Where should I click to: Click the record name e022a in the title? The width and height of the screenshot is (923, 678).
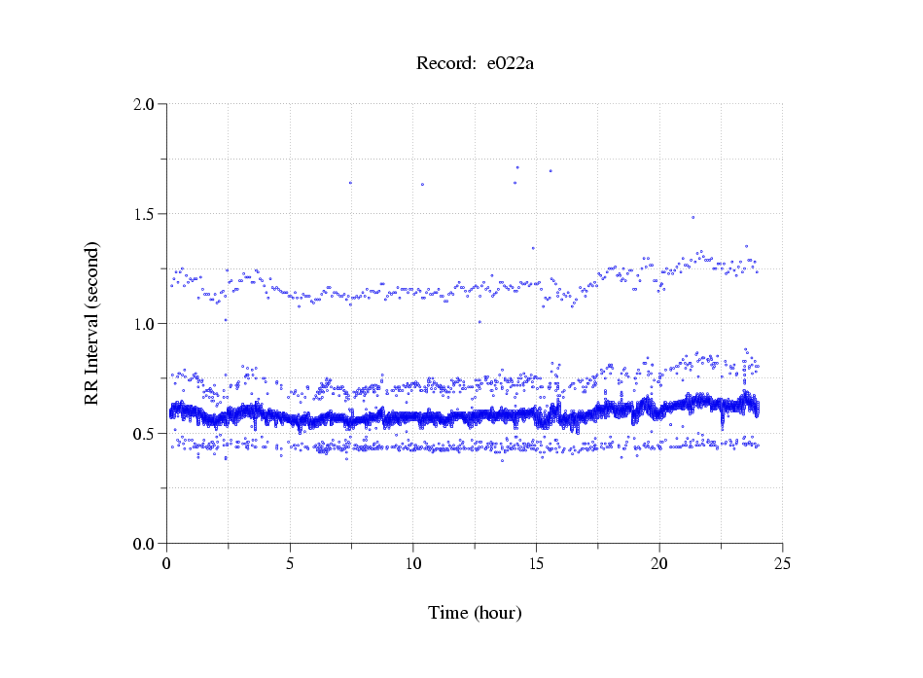coord(510,64)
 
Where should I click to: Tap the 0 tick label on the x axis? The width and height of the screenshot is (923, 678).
coord(167,563)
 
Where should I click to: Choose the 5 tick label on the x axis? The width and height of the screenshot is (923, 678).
coord(290,563)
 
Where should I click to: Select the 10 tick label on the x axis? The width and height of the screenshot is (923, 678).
coord(413,563)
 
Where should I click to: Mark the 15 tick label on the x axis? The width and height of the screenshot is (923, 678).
coord(536,563)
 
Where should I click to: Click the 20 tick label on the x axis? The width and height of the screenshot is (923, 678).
coord(659,563)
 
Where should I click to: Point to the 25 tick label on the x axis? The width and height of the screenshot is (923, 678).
coord(782,563)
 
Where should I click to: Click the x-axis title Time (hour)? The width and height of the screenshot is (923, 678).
coord(475,613)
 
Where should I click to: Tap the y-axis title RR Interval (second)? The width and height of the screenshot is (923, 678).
coord(91,323)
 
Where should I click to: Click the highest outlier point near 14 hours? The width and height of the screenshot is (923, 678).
coord(517,167)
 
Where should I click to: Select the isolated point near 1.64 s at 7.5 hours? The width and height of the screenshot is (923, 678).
coord(350,183)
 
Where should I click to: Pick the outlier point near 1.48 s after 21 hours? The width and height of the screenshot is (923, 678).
coord(692,217)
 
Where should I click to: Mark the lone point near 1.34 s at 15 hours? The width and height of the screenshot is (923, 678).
coord(533,248)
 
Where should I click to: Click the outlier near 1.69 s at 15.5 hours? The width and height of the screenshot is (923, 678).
coord(550,171)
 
